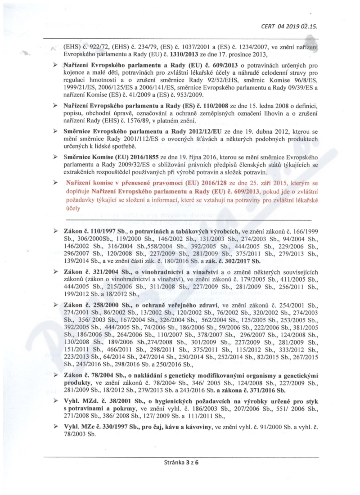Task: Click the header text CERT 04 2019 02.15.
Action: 289,26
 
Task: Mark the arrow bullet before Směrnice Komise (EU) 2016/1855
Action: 54,157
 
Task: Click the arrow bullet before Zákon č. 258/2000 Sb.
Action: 54,306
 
